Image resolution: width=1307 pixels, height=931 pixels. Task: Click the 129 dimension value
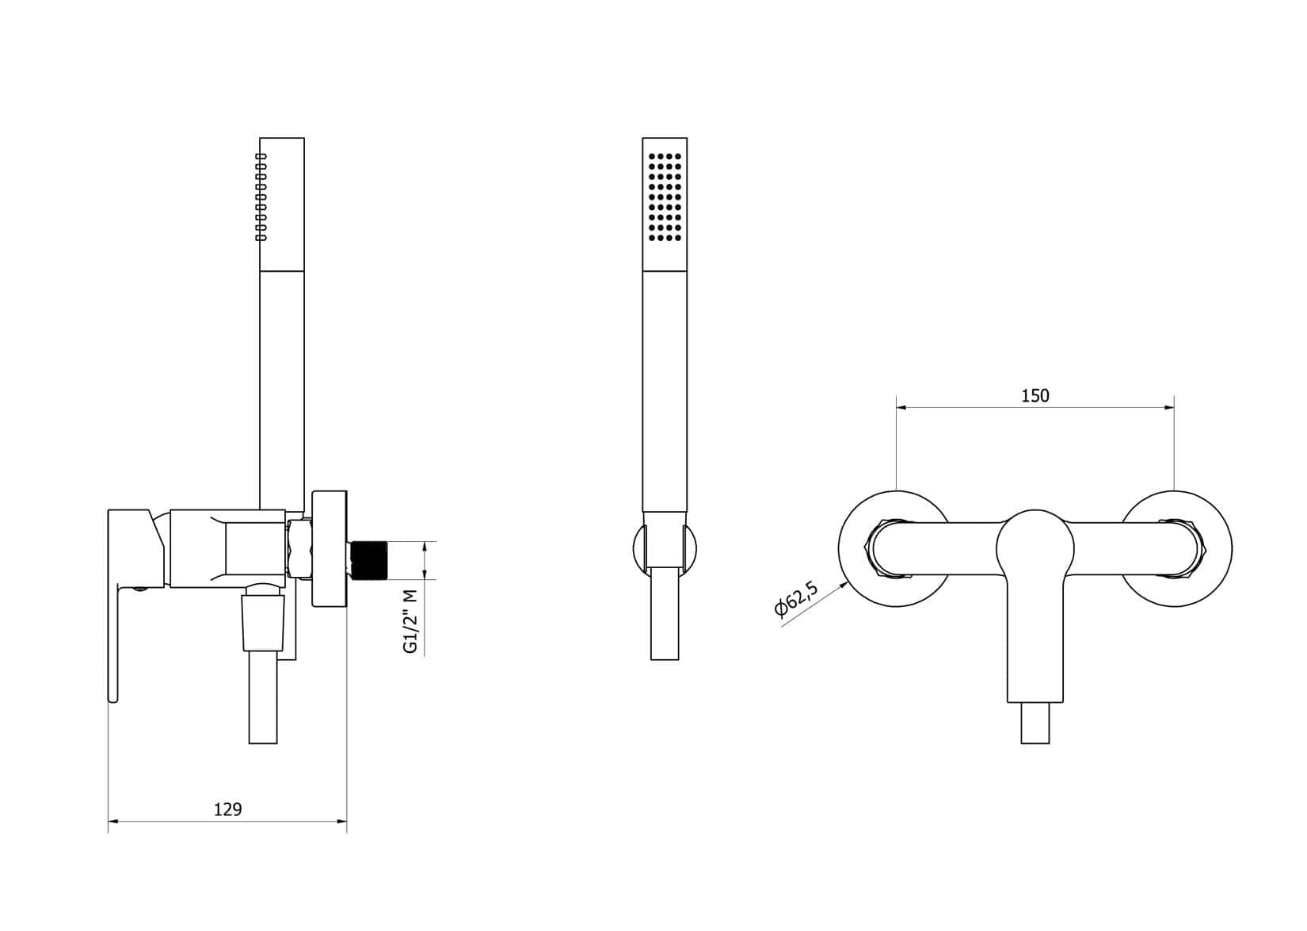[x=228, y=809]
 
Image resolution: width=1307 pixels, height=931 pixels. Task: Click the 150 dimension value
[x=1035, y=395]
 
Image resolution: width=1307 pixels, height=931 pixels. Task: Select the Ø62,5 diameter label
[x=796, y=598]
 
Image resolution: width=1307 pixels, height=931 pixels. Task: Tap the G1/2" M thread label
[x=410, y=621]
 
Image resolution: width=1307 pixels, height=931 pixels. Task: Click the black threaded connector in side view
[x=368, y=560]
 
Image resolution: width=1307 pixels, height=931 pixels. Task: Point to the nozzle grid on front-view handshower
[x=665, y=196]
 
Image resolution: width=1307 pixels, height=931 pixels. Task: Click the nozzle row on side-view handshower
[x=261, y=197]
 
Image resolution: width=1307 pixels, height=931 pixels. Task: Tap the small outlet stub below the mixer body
[x=1035, y=723]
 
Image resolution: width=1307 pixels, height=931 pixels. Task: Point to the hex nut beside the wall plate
[x=299, y=550]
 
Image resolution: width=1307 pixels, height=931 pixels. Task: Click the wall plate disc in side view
[x=330, y=550]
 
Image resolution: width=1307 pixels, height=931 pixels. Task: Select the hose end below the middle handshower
[x=664, y=618]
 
